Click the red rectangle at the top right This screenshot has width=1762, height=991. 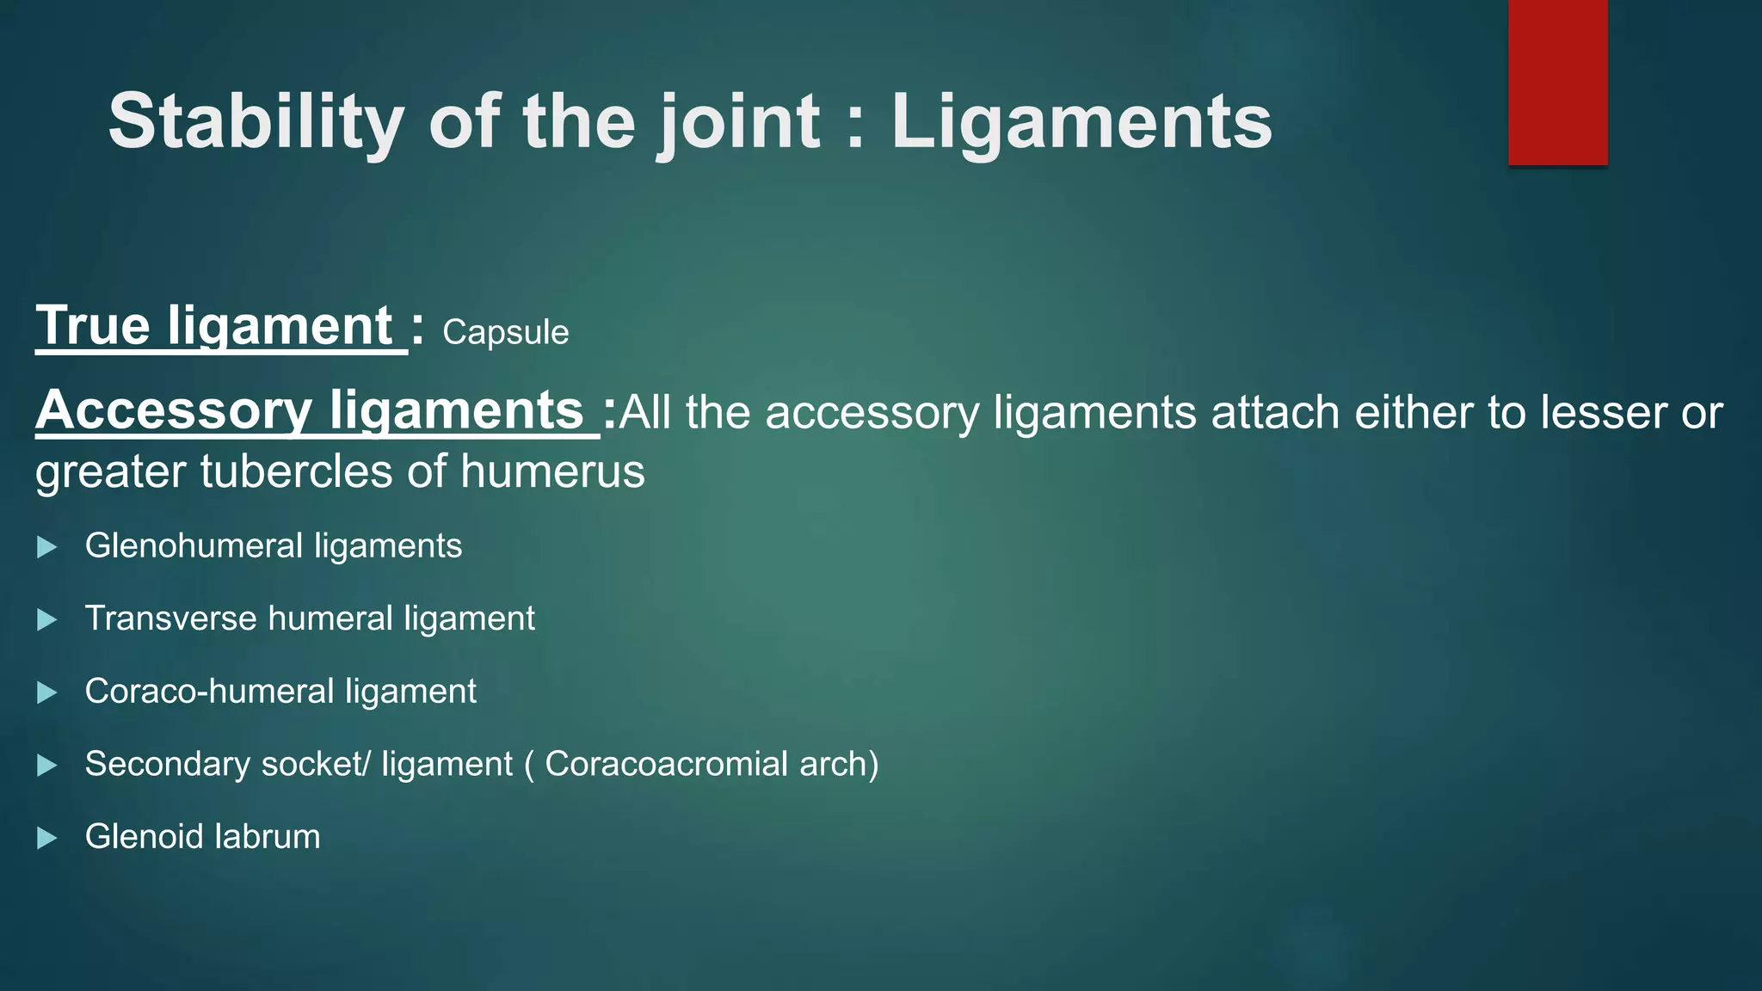coord(1557,83)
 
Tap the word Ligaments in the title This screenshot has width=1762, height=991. coord(1081,121)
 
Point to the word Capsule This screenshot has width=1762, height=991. coord(505,333)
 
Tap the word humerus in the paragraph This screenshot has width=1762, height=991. coord(552,471)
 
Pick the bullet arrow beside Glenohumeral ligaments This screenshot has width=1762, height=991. coord(47,547)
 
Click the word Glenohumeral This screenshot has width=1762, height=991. coord(194,546)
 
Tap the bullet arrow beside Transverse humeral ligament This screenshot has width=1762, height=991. coord(47,620)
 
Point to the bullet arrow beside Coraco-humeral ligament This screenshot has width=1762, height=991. coord(47,692)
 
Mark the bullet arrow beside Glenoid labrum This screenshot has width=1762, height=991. coord(47,838)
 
